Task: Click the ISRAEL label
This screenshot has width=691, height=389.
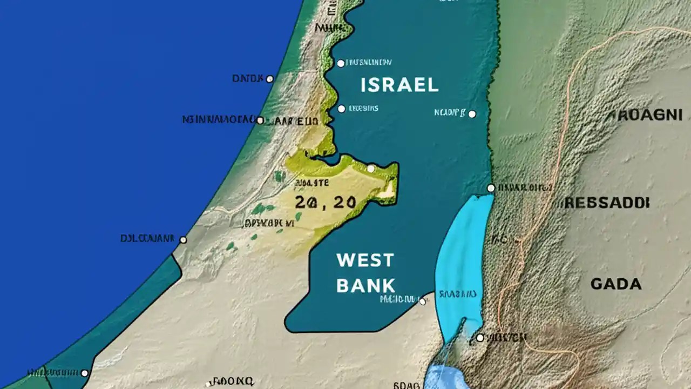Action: click(x=398, y=85)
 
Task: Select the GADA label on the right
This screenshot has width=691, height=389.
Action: click(x=616, y=284)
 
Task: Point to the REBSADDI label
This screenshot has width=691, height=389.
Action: click(x=607, y=203)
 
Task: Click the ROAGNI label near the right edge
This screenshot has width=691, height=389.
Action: click(x=646, y=115)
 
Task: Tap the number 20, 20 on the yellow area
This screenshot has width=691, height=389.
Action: click(x=326, y=203)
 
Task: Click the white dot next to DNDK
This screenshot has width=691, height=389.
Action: click(x=270, y=79)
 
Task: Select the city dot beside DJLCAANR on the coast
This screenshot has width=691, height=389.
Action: click(x=183, y=239)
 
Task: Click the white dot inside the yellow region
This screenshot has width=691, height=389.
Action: click(x=371, y=169)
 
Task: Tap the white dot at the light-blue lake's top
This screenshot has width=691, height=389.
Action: click(x=491, y=188)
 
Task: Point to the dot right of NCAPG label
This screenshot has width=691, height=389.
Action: click(x=472, y=114)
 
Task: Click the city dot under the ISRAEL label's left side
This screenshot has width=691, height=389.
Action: click(x=341, y=109)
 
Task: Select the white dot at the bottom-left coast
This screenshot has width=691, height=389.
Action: click(x=84, y=373)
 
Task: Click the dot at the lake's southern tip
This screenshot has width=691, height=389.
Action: click(x=480, y=338)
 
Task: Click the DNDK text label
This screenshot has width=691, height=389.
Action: click(x=247, y=79)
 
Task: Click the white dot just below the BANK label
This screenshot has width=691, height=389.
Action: click(x=422, y=302)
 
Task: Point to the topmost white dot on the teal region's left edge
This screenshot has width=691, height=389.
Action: click(x=341, y=63)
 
